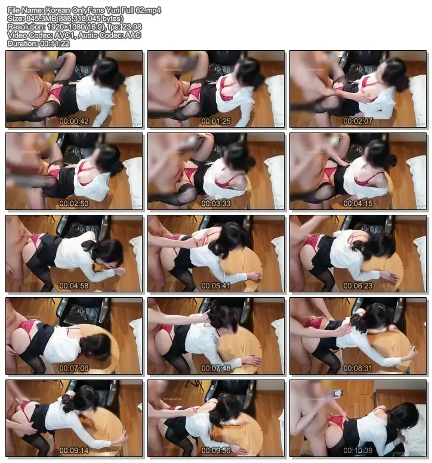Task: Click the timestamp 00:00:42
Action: coord(74,121)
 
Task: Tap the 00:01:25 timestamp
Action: coord(216,121)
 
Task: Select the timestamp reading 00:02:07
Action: coord(358,121)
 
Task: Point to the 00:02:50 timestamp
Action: coord(74,203)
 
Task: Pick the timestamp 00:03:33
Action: coord(216,203)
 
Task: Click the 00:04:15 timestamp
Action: coord(358,203)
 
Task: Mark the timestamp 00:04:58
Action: coord(74,286)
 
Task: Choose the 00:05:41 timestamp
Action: coord(216,286)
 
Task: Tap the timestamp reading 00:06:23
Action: coord(358,286)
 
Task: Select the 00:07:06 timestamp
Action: coord(74,368)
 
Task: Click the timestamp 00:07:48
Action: coord(216,368)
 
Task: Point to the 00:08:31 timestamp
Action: coord(358,368)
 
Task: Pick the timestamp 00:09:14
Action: coord(74,450)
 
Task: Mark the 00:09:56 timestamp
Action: coord(216,450)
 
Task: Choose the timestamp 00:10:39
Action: coord(358,450)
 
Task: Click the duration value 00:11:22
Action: coord(55,44)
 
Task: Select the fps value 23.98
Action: coord(132,27)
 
